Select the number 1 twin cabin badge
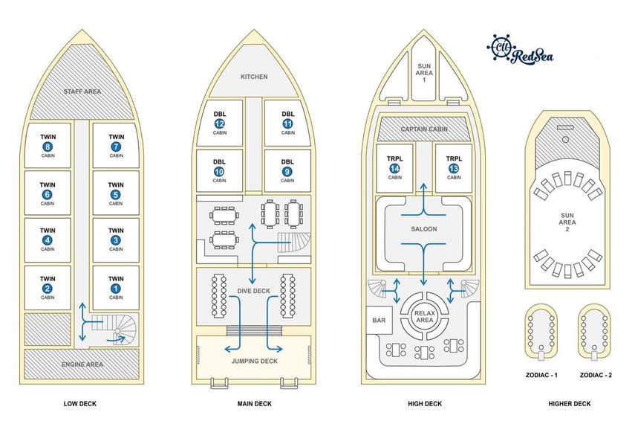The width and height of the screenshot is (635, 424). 116,288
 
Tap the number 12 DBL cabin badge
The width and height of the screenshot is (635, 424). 219,123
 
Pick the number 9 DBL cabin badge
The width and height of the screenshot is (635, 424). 288,170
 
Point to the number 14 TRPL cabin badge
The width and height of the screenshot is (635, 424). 394,169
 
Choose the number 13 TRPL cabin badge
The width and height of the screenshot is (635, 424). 454,169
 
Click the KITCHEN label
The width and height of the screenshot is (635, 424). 254,77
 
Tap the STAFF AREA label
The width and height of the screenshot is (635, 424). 82,92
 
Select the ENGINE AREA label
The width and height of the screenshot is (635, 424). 82,364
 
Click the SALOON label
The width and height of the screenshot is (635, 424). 424,229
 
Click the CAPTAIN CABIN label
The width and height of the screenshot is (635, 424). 424,129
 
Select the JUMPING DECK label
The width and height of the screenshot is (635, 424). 254,360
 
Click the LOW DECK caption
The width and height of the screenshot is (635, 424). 81,404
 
